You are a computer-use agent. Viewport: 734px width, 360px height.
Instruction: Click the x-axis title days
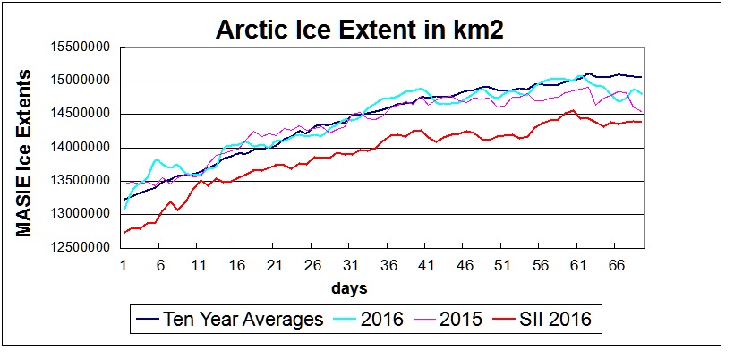pyautogui.click(x=348, y=288)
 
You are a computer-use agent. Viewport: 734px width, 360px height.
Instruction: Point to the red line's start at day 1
pyautogui.click(x=124, y=233)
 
